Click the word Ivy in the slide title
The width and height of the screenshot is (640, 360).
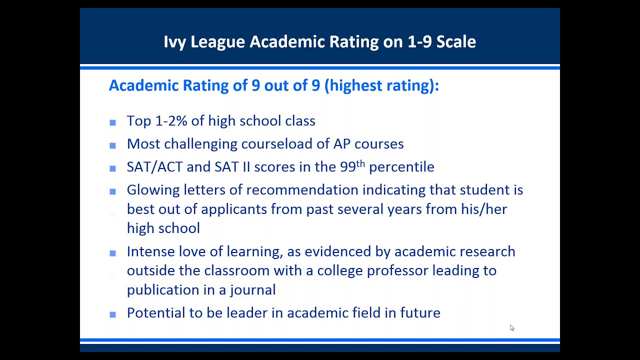tap(174, 41)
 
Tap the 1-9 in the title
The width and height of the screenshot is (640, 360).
tap(417, 41)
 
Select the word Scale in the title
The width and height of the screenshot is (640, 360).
tap(456, 41)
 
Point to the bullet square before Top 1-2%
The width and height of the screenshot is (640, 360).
tap(112, 122)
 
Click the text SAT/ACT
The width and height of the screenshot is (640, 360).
tap(154, 167)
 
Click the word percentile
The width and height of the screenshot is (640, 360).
tap(401, 167)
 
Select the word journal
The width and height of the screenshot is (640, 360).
tap(255, 290)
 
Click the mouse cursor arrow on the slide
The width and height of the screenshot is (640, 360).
tap(511, 327)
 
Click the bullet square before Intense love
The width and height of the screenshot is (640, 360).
tap(112, 253)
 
